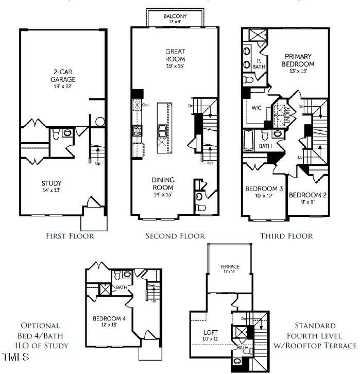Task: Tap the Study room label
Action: click(52, 186)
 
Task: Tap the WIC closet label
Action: click(258, 109)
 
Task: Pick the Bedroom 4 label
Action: click(109, 321)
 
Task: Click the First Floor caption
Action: click(70, 236)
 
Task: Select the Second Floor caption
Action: click(175, 236)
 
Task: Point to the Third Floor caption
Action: click(287, 236)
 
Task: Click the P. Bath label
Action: click(261, 63)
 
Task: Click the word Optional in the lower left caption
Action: click(40, 326)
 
